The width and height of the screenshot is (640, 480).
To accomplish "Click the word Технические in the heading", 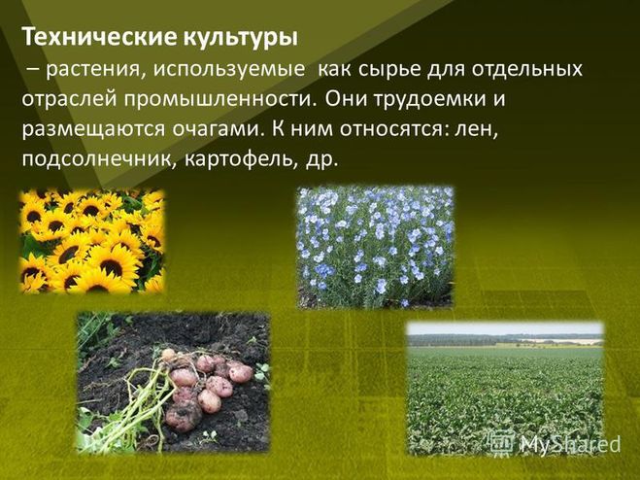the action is pos(99,38).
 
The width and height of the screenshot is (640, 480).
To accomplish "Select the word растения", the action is pos(95,70).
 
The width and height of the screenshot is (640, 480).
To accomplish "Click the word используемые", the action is pos(229,70).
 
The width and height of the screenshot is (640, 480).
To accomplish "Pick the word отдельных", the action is pos(527,69).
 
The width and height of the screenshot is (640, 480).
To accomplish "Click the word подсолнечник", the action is pos(100,159).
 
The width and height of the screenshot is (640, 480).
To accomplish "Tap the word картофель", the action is pos(241,159).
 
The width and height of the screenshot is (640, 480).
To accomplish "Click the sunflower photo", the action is pos(92,241).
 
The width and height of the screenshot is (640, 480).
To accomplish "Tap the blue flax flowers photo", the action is pos(375,247).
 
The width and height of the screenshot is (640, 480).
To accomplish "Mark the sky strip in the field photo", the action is pos(505,328).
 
